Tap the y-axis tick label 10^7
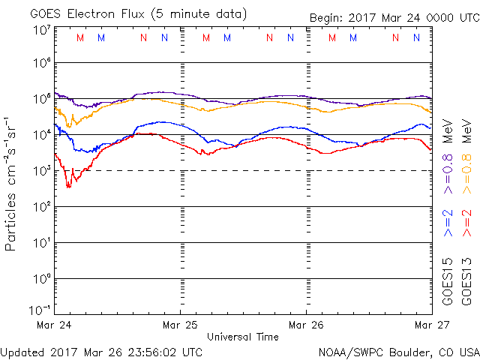pyautogui.click(x=42, y=31)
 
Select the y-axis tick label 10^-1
pyautogui.click(x=42, y=310)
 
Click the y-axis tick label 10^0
pyautogui.click(x=42, y=279)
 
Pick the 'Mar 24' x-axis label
pyautogui.click(x=54, y=325)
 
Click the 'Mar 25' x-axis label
pyautogui.click(x=180, y=325)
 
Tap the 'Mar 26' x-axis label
pyautogui.click(x=306, y=325)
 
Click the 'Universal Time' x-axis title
pyautogui.click(x=242, y=337)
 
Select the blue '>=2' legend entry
pyautogui.click(x=448, y=223)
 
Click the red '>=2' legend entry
pyautogui.click(x=467, y=223)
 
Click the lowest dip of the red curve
pyautogui.click(x=68, y=186)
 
